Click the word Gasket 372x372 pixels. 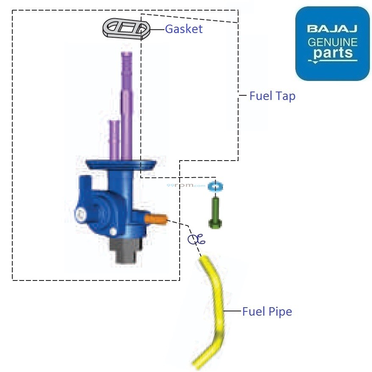184,29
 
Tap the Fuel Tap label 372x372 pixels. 272,96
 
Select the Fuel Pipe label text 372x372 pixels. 267,311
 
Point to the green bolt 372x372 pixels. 215,213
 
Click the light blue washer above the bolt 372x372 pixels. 215,186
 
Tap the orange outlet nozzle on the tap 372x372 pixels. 156,219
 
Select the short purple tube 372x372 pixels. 114,140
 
